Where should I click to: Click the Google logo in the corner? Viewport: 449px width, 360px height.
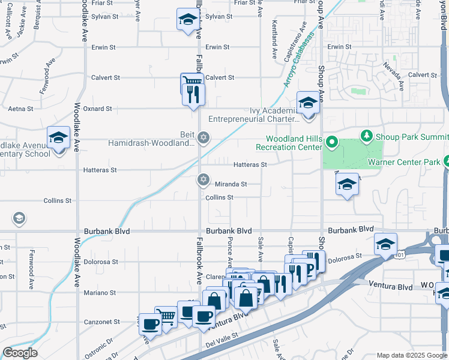click(x=20, y=353)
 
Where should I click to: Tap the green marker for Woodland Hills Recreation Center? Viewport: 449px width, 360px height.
click(x=332, y=143)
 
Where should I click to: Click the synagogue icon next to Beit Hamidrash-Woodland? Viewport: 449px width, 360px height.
click(x=203, y=138)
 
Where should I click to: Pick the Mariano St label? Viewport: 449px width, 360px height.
click(x=99, y=293)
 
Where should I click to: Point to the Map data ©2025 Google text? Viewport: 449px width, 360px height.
click(x=411, y=355)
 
